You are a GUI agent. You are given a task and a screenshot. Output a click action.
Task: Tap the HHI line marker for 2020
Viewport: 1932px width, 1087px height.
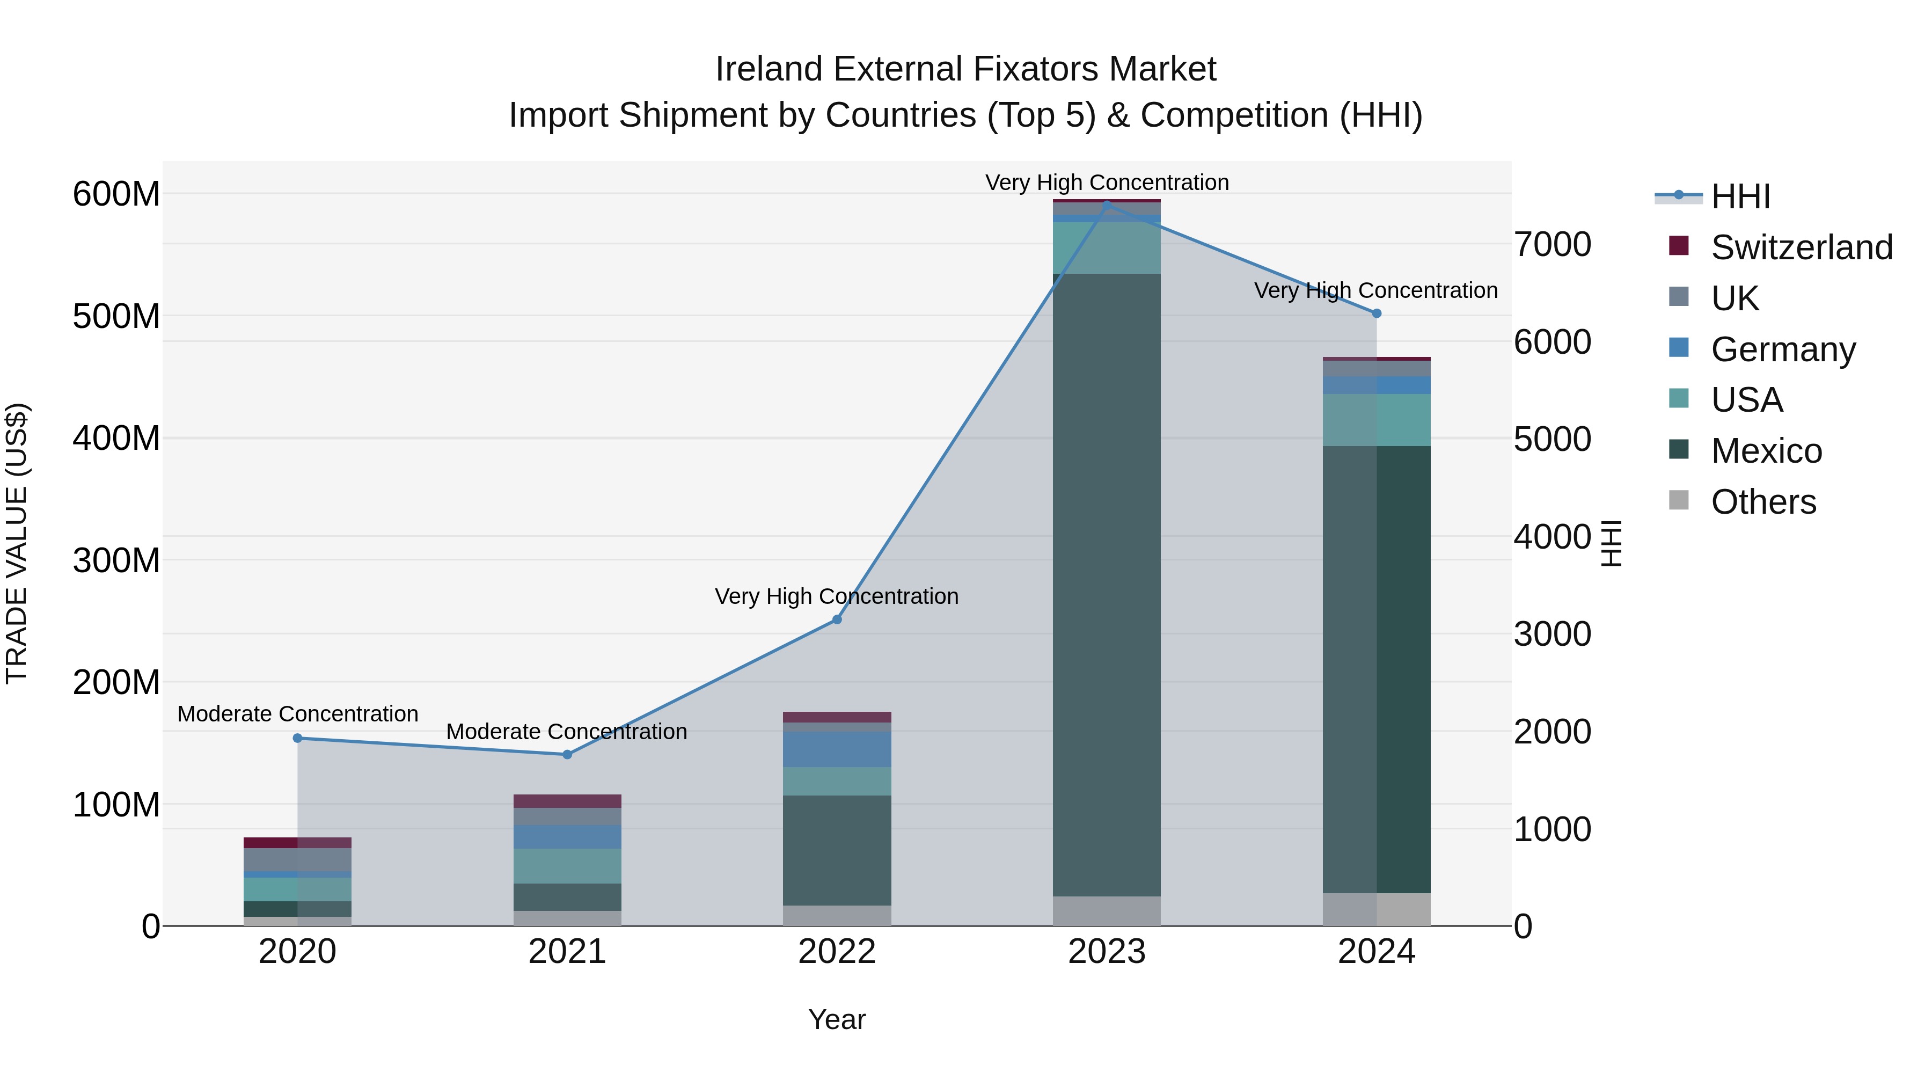click(x=298, y=738)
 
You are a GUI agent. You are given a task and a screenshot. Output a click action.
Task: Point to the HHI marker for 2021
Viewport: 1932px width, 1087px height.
click(x=567, y=755)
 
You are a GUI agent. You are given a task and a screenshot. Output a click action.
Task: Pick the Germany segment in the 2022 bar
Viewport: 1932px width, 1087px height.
click(x=837, y=749)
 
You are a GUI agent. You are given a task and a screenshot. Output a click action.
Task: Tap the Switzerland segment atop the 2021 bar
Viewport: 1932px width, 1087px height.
click(x=567, y=801)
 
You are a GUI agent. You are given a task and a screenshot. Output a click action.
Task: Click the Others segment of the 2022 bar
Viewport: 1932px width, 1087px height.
click(x=837, y=916)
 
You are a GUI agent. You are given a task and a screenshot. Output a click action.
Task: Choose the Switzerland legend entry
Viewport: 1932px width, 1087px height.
click(x=1802, y=247)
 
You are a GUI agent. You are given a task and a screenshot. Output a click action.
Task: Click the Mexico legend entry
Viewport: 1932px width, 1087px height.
click(x=1766, y=451)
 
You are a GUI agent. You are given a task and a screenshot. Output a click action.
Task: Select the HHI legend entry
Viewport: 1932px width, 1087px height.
click(x=1740, y=196)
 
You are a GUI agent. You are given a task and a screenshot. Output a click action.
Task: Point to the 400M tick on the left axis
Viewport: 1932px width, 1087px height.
click(x=116, y=438)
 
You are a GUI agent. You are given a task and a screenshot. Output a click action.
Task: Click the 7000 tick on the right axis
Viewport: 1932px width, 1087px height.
click(x=1552, y=245)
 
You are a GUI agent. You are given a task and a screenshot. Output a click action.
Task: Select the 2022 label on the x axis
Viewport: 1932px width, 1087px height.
click(x=837, y=952)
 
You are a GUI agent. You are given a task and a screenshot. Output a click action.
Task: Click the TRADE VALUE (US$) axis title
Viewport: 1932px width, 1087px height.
click(x=17, y=543)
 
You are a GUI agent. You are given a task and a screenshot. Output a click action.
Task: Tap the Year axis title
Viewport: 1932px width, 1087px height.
click(x=837, y=1019)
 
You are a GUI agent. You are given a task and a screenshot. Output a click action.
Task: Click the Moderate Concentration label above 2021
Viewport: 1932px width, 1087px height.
click(x=567, y=732)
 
